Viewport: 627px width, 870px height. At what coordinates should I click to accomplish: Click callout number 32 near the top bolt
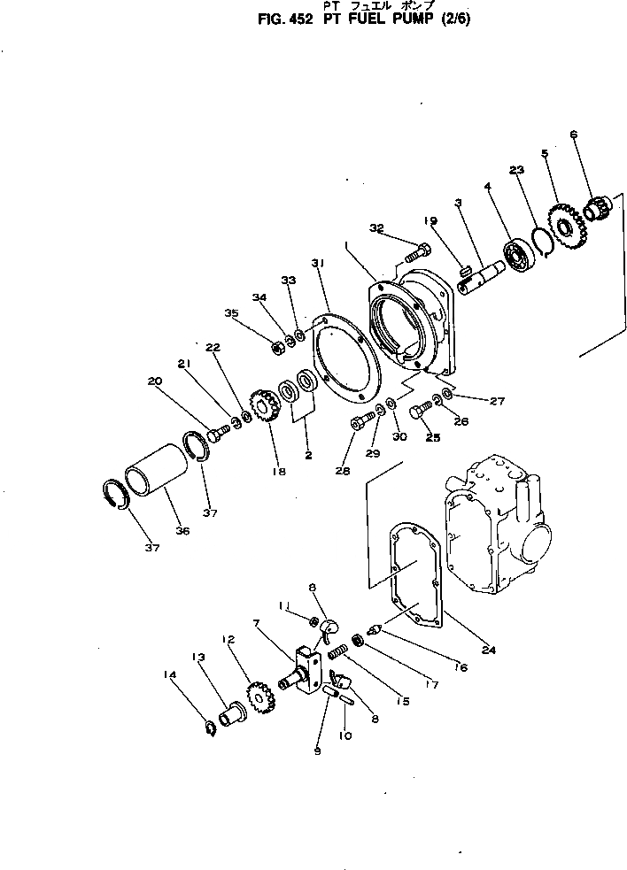(376, 228)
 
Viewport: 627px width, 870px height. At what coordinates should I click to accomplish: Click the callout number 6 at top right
(573, 135)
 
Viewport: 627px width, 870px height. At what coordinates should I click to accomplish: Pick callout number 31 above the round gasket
(318, 263)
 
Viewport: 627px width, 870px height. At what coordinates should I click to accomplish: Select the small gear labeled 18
(265, 409)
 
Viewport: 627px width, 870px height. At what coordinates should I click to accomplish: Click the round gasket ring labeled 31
(345, 358)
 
